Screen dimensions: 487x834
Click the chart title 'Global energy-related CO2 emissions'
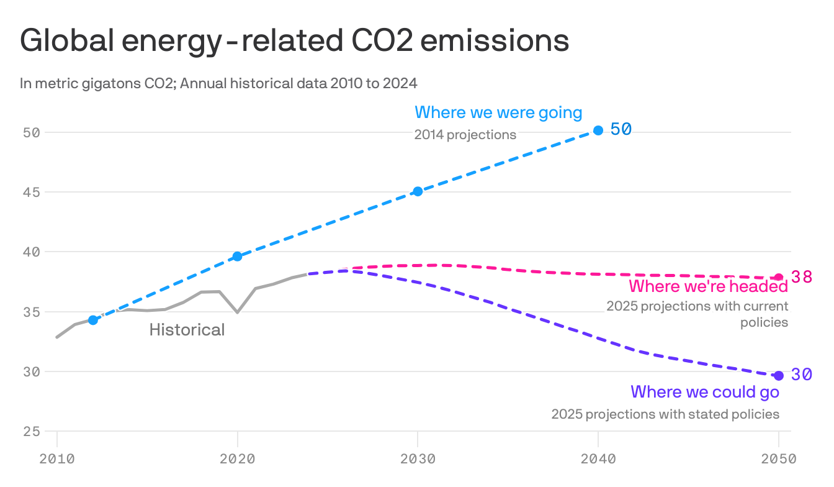click(x=294, y=41)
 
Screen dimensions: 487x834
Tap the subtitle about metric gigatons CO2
click(x=218, y=83)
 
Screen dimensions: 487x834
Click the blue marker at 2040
click(x=598, y=130)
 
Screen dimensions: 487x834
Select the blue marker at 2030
click(x=418, y=191)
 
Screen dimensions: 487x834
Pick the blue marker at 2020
click(x=237, y=257)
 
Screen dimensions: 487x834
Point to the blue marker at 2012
click(x=93, y=320)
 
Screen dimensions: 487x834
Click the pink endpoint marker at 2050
click(x=779, y=277)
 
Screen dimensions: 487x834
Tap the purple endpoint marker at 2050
click(x=779, y=376)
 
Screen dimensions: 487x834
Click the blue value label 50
click(x=621, y=129)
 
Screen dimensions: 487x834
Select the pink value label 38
click(x=801, y=277)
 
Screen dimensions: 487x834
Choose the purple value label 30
click(x=801, y=375)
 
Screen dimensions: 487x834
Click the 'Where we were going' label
click(x=498, y=112)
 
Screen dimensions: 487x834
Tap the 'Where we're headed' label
click(x=708, y=286)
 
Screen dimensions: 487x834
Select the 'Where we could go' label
click(x=704, y=392)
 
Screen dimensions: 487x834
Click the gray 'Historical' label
click(x=187, y=330)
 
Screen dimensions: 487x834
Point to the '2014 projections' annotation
click(x=465, y=135)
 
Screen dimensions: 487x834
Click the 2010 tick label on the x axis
click(x=56, y=459)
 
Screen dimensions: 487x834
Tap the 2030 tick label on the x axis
click(x=418, y=459)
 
